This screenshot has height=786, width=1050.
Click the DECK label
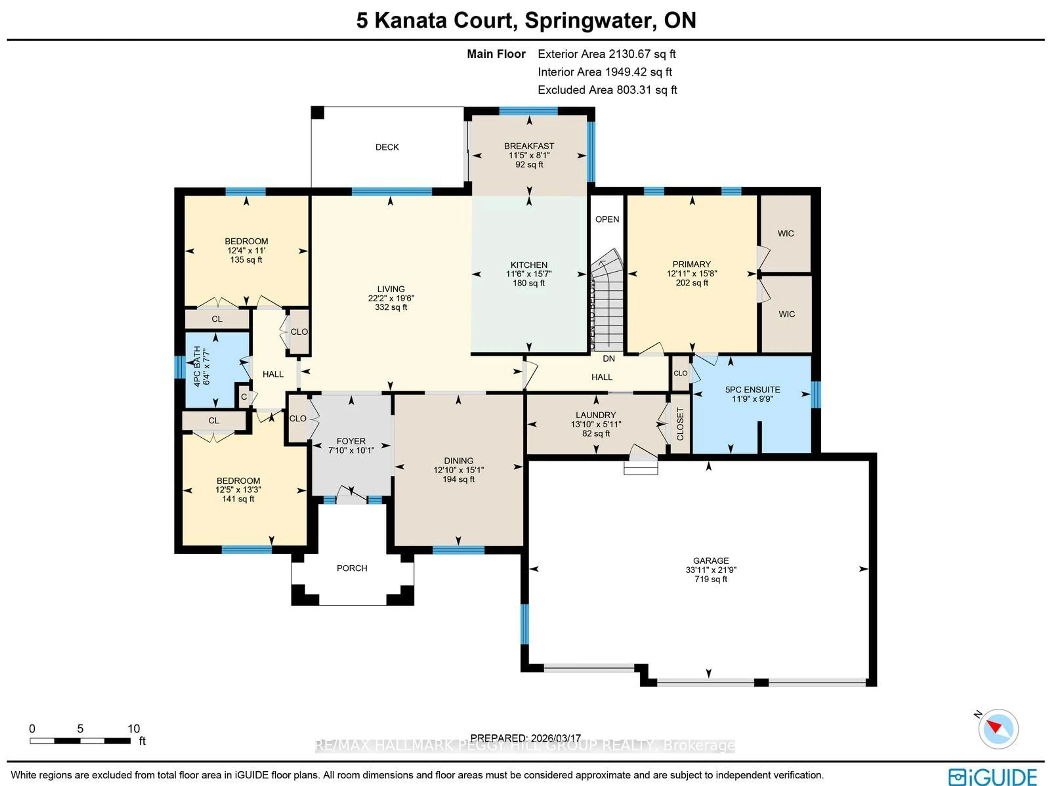click(x=387, y=147)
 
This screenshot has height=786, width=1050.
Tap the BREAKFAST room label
click(x=529, y=146)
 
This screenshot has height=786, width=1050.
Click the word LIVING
click(x=391, y=289)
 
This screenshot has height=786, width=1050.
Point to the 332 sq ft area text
click(x=391, y=307)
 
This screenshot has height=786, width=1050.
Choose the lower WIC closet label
click(x=787, y=314)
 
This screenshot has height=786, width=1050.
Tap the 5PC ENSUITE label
click(x=752, y=389)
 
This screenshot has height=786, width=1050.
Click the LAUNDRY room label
click(x=596, y=414)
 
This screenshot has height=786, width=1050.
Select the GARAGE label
click(x=711, y=560)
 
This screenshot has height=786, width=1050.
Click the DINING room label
click(x=459, y=460)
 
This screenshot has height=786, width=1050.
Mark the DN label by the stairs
click(x=609, y=358)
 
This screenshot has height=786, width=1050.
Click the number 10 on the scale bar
click(x=133, y=729)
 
